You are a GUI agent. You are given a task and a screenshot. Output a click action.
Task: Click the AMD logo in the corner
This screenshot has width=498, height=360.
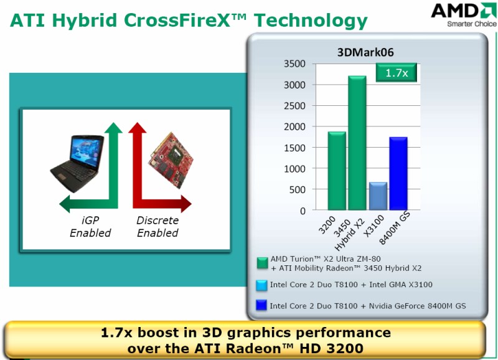464,14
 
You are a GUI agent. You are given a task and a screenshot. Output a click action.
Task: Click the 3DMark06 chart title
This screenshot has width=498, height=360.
365,52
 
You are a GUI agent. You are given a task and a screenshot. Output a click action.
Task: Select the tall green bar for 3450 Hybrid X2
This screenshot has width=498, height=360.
357,143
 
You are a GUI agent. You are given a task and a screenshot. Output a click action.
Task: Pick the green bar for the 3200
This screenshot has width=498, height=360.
337,171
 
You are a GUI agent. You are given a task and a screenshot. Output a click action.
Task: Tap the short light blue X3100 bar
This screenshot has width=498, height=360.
378,196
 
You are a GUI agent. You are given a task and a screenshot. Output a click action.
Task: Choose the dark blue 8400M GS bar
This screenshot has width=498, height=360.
398,174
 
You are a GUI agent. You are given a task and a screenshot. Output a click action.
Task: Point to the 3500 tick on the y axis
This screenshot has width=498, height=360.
294,64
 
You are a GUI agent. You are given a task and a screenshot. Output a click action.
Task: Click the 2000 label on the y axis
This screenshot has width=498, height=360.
294,127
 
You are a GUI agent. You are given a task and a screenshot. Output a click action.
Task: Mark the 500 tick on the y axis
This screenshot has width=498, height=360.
298,190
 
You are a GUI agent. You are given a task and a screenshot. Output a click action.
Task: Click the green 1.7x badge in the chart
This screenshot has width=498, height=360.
397,73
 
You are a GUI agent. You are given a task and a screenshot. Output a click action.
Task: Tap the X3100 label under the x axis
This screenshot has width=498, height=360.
374,226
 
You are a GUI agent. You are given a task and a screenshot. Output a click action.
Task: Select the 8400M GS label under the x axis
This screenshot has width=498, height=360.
395,228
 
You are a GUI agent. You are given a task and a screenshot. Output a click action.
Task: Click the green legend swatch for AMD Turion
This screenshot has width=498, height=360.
262,263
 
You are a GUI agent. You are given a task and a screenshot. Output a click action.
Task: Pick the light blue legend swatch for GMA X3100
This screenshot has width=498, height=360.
261,285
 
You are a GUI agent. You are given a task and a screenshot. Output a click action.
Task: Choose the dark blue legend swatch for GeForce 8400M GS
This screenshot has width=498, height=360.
261,305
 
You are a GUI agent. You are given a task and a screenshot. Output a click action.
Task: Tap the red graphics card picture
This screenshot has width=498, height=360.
171,161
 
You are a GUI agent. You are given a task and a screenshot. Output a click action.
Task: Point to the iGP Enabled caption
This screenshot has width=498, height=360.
90,227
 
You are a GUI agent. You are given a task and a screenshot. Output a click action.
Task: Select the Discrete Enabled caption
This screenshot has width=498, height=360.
157,227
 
